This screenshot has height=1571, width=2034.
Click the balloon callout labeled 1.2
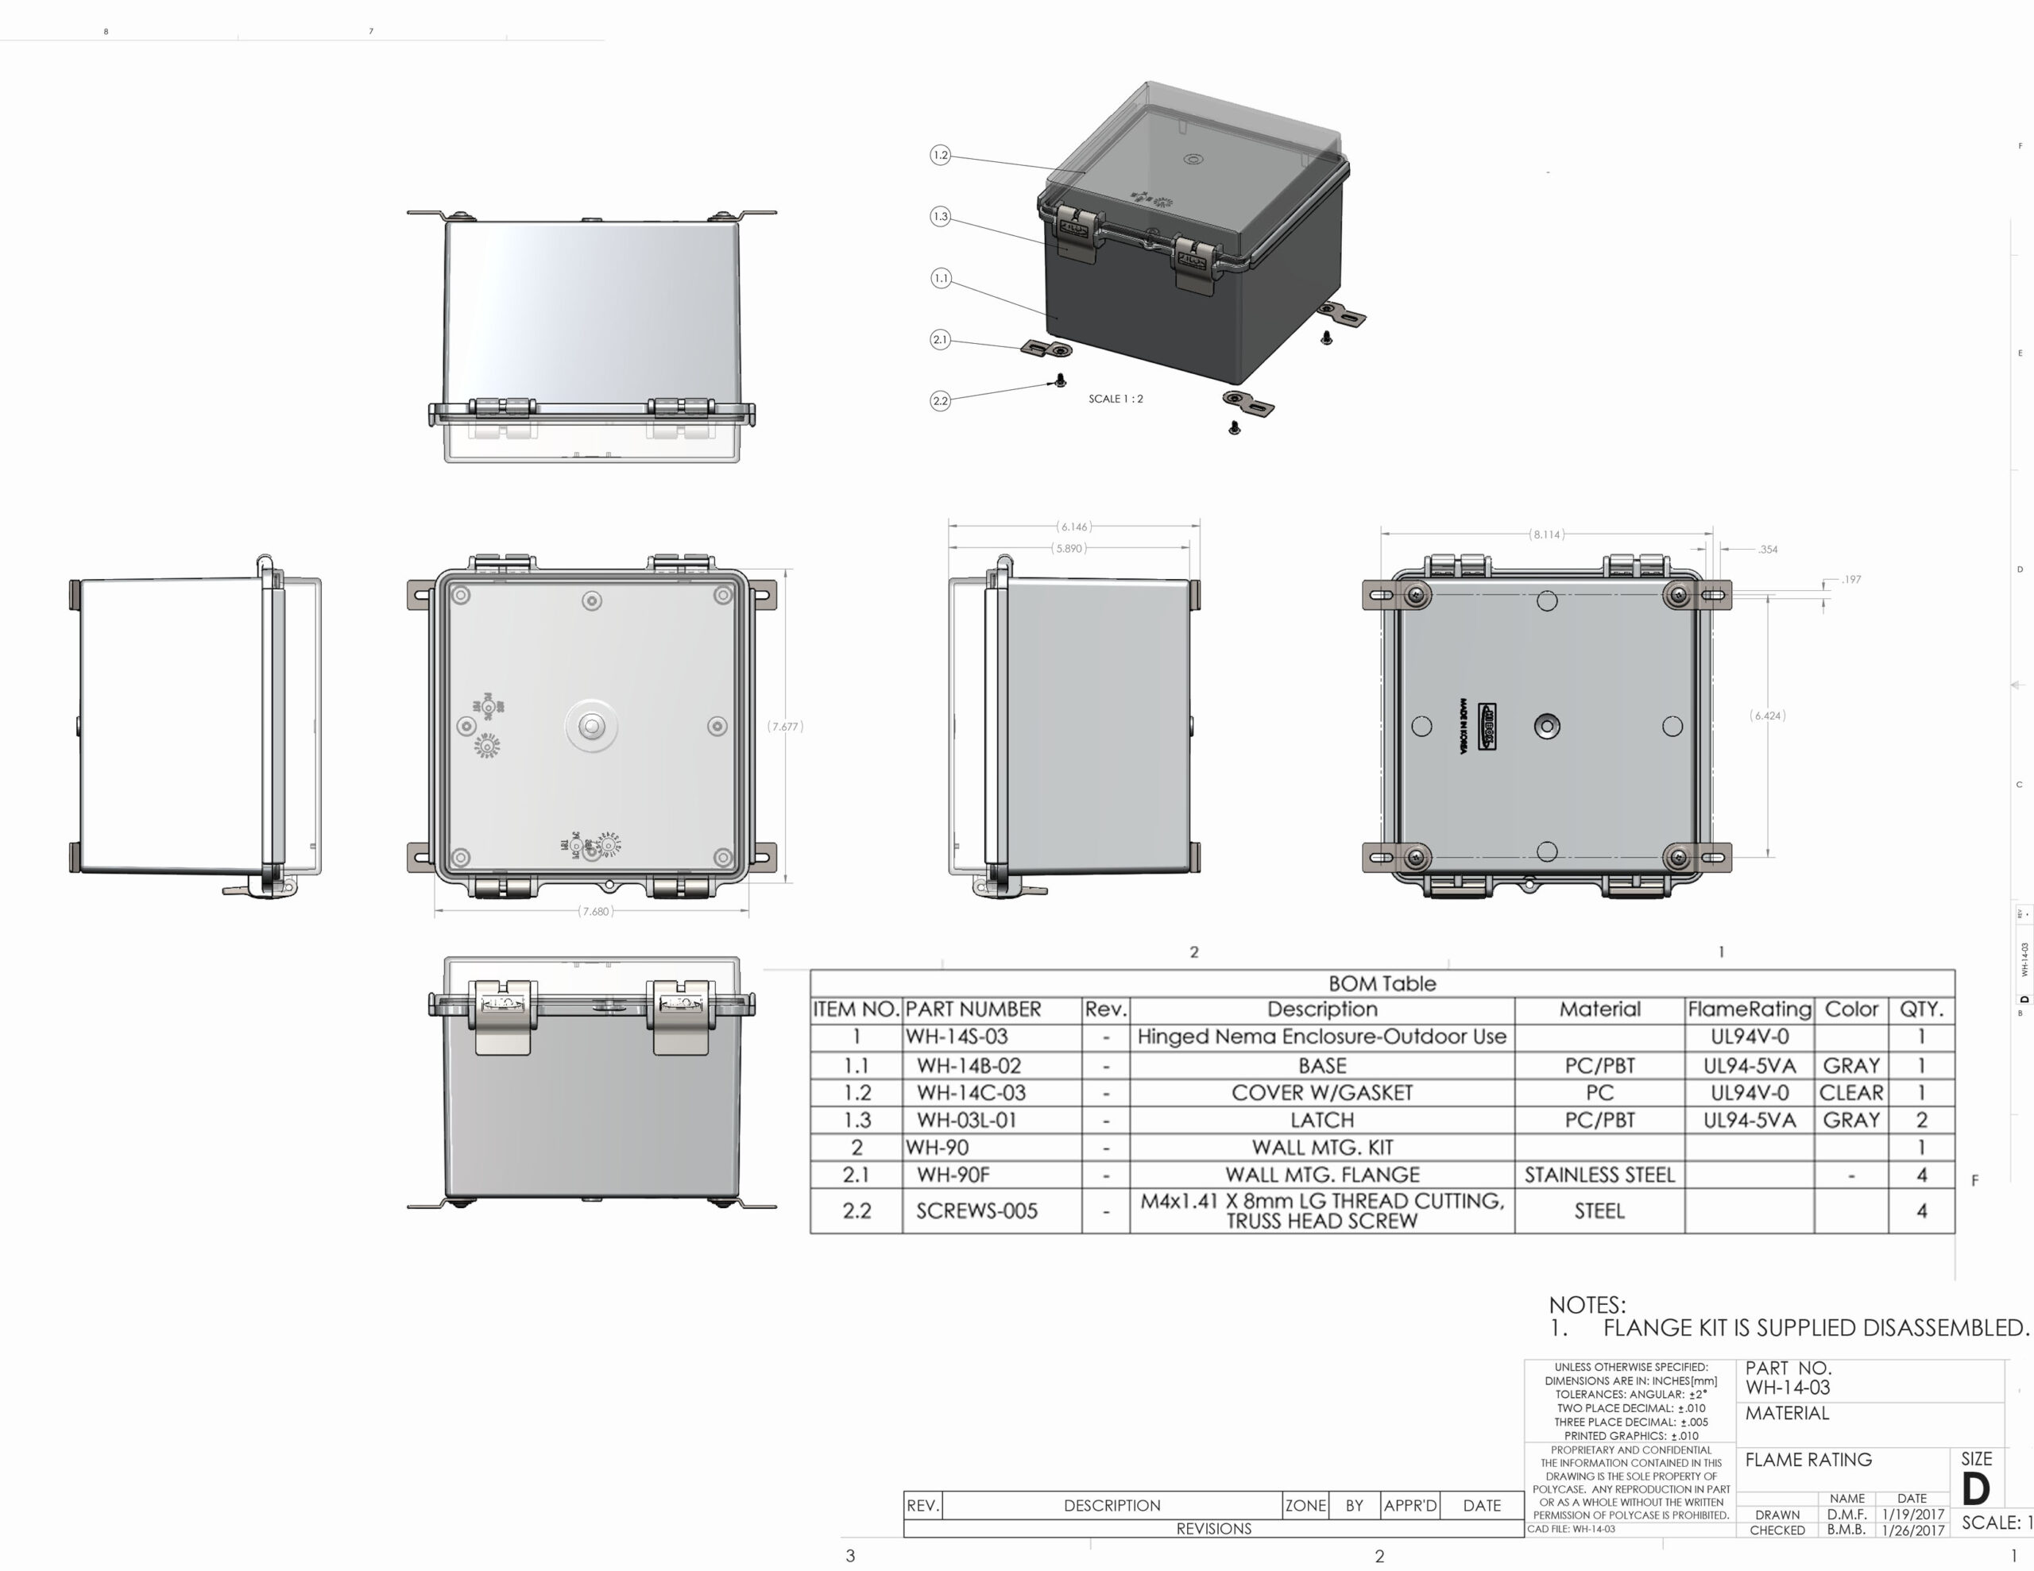(941, 155)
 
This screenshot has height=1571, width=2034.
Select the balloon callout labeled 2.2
(941, 400)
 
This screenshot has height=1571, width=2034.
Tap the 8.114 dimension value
(1546, 535)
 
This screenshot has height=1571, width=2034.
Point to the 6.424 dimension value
(1768, 715)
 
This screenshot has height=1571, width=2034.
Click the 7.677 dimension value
(784, 727)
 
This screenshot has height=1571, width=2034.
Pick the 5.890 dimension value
(1068, 549)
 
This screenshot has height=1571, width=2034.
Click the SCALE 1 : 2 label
(1115, 399)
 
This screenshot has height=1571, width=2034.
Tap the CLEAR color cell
(1850, 1092)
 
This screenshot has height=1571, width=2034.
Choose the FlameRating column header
(1748, 1009)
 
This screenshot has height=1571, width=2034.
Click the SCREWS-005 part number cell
(976, 1210)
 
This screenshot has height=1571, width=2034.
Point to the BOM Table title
(1381, 983)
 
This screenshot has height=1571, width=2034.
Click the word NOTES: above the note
(1587, 1305)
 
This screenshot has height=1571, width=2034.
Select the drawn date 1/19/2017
(1912, 1514)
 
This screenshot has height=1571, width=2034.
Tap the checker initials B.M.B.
(1846, 1530)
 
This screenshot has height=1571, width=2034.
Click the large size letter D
(1975, 1489)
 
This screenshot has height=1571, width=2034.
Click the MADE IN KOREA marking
(1463, 727)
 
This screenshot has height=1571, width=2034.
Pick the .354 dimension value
(1768, 550)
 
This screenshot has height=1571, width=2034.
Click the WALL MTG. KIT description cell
(1321, 1148)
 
